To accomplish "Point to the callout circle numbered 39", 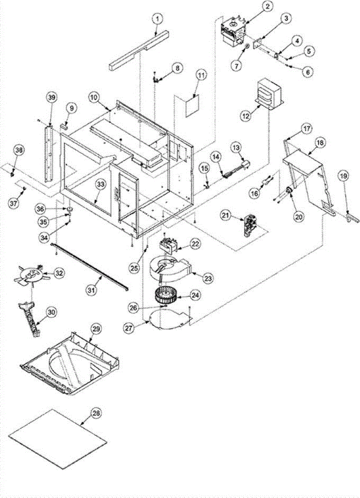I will pos(51,98).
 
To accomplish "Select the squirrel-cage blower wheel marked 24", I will pos(168,295).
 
